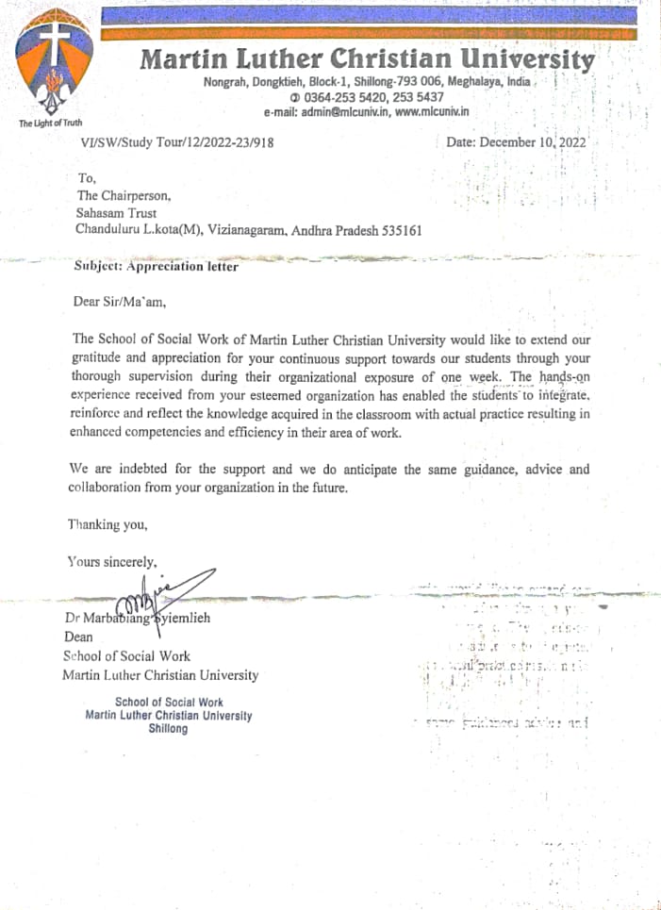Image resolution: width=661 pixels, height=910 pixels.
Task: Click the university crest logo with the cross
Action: pos(54,65)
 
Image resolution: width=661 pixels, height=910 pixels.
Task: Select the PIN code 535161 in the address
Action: pos(396,230)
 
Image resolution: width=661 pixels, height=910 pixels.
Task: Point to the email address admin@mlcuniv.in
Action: pos(337,112)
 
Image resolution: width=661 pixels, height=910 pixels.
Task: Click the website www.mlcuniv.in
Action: pos(432,112)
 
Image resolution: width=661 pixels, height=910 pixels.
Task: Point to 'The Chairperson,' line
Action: pos(124,196)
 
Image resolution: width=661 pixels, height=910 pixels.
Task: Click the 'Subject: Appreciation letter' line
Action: pos(157,266)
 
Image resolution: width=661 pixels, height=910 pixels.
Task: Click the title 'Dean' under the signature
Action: pos(78,637)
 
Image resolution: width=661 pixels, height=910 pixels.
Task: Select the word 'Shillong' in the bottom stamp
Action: pos(168,728)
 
